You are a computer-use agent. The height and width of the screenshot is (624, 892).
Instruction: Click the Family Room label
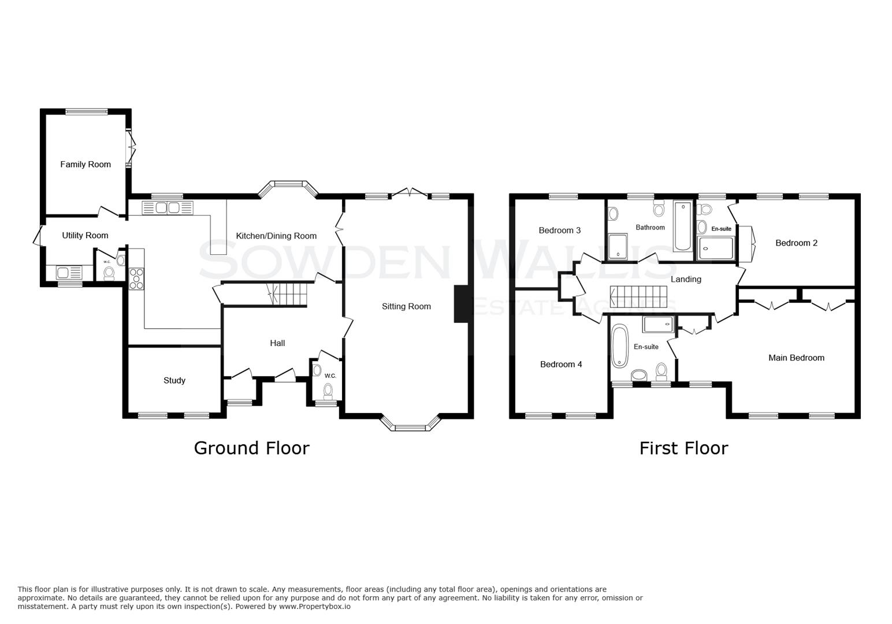(x=86, y=165)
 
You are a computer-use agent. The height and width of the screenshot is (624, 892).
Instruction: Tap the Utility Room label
(x=85, y=236)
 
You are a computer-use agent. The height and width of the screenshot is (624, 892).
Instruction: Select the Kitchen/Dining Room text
(x=276, y=236)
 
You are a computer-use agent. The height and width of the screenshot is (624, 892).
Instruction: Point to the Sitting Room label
(x=406, y=307)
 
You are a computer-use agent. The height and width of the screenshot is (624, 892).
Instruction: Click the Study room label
(x=174, y=381)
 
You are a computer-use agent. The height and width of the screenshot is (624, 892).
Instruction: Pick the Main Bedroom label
(x=796, y=358)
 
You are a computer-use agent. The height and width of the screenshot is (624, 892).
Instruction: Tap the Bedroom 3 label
(x=559, y=231)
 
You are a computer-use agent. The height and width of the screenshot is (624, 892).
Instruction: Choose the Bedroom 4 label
(x=560, y=365)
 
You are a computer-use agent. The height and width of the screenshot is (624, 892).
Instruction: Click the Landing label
(x=686, y=280)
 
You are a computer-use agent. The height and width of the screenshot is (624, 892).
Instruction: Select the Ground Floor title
(x=251, y=448)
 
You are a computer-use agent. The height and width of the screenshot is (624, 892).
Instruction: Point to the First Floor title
(x=683, y=448)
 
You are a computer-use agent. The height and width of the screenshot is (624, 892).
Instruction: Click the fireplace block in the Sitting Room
(x=461, y=304)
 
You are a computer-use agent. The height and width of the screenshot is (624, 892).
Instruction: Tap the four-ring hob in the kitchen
(x=136, y=278)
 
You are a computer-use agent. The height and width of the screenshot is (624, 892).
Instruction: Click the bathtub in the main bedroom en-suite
(x=619, y=346)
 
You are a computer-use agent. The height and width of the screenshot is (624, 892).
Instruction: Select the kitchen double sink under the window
(x=167, y=207)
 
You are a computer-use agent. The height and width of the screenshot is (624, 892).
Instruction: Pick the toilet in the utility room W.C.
(x=109, y=272)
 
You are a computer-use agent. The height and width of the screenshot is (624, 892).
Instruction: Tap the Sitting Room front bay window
(x=411, y=426)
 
